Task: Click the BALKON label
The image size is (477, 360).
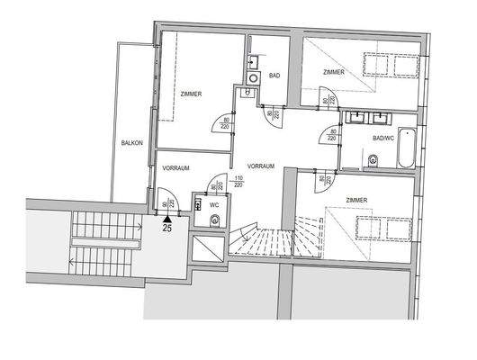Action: pyautogui.click(x=132, y=143)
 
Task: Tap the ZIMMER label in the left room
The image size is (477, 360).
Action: pyautogui.click(x=190, y=94)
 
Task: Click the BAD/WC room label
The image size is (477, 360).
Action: pyautogui.click(x=383, y=139)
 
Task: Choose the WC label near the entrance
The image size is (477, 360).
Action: pyautogui.click(x=214, y=204)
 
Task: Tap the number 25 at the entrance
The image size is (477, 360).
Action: pyautogui.click(x=167, y=229)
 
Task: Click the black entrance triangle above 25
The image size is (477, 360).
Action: pyautogui.click(x=167, y=217)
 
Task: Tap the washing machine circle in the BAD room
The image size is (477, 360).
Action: pyautogui.click(x=254, y=78)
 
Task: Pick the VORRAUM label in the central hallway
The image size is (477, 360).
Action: pyautogui.click(x=261, y=166)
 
